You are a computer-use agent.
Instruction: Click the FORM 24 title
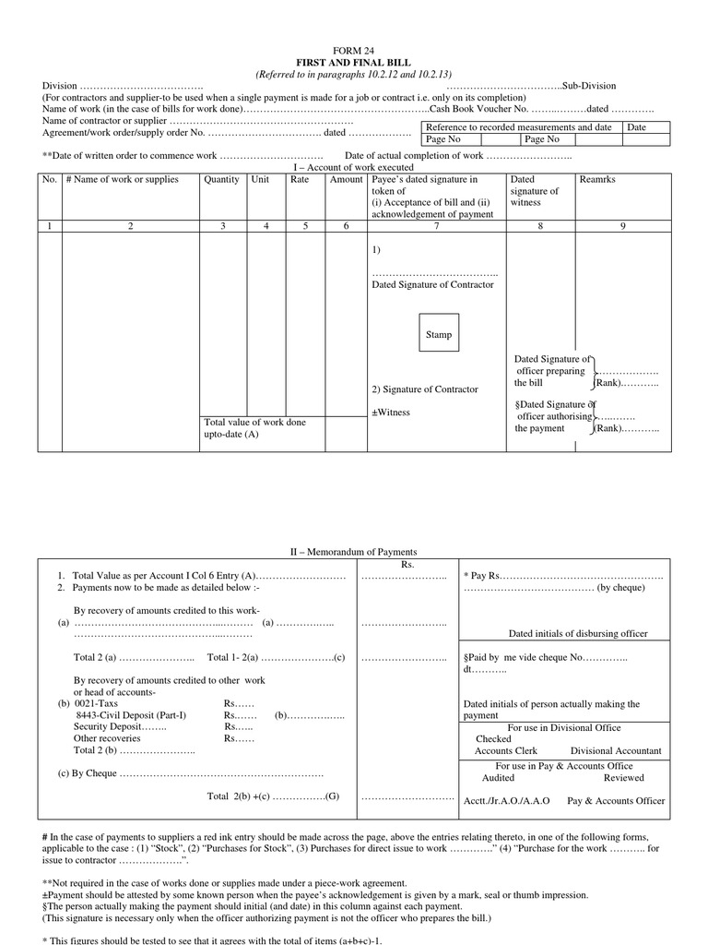point(354,50)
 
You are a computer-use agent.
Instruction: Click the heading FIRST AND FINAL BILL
point(354,62)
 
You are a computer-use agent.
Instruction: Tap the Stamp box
point(439,334)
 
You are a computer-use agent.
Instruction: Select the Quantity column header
point(222,180)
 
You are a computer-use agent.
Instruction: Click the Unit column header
point(261,180)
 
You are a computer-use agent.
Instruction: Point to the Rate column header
point(300,180)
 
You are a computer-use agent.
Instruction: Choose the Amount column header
point(347,180)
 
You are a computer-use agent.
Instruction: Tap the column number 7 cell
point(436,225)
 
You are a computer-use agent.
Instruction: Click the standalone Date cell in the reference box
point(637,127)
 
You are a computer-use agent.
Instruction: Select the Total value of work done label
point(254,422)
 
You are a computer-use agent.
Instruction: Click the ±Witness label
point(391,413)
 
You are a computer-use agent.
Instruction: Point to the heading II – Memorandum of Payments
point(354,552)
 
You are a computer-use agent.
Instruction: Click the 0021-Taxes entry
point(97,703)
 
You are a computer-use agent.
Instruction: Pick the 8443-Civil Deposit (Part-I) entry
point(131,715)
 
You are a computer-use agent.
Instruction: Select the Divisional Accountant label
point(615,751)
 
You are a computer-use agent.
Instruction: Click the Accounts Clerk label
point(506,751)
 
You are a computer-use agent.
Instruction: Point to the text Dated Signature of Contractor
point(432,284)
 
